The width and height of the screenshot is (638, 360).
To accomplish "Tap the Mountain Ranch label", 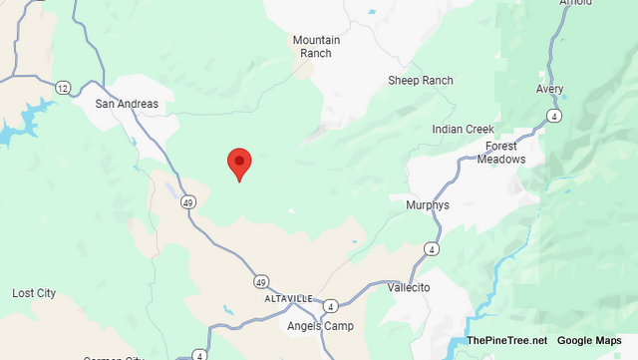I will (317, 48).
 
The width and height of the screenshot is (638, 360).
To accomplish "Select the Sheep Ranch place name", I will (421, 81).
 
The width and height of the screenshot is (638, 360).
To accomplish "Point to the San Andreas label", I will (127, 104).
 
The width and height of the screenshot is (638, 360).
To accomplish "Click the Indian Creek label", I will (465, 130).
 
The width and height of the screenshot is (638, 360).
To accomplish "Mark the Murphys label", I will (429, 205).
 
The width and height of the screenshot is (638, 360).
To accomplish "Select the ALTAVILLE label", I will (288, 298).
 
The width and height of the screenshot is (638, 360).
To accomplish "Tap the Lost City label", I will (34, 293).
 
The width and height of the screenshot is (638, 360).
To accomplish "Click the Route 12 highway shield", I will (62, 89).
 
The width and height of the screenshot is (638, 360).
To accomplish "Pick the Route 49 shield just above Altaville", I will (260, 281).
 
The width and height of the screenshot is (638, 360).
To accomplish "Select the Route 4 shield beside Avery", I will (553, 117).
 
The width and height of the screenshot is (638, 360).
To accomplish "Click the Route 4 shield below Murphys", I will (431, 247).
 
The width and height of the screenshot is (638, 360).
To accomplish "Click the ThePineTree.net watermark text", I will (506, 340).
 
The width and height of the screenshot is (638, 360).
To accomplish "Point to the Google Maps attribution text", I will (589, 340).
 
